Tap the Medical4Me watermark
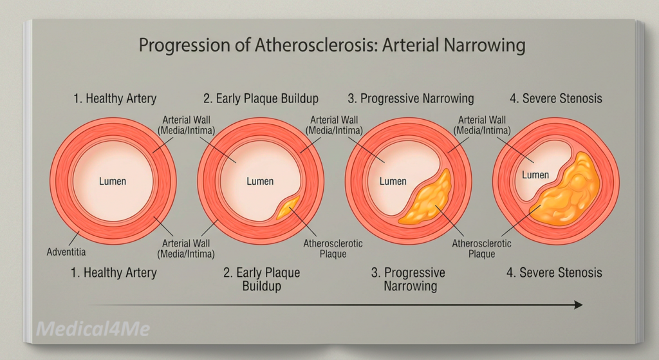(x=93, y=328)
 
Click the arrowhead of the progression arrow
(x=579, y=305)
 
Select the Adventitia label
(x=66, y=252)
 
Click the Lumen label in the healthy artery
(x=113, y=181)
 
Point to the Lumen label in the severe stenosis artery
(x=535, y=175)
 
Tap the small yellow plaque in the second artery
(x=288, y=207)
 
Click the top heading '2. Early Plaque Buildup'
(x=261, y=99)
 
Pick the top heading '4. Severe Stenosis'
(x=556, y=99)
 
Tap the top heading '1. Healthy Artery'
(x=115, y=99)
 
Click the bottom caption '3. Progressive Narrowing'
(x=409, y=279)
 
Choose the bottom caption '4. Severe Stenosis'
(x=554, y=272)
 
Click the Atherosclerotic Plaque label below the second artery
(x=333, y=249)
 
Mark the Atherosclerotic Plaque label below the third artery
(x=481, y=249)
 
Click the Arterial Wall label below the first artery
(x=186, y=249)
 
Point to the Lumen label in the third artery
(x=393, y=181)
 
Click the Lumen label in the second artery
(x=260, y=181)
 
